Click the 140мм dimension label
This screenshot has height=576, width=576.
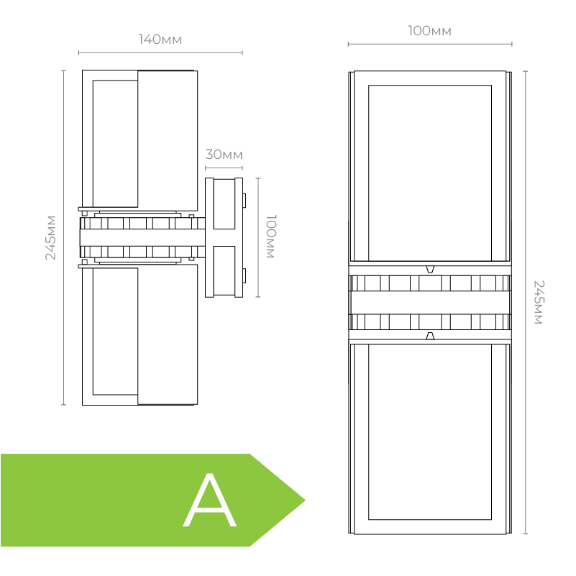pos(160,40)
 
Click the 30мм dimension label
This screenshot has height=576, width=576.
pos(224,155)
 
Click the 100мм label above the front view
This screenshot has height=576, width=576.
pos(429,31)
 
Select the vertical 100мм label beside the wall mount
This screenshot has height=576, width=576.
pos(271,237)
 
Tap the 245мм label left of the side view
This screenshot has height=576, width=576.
pos(51,237)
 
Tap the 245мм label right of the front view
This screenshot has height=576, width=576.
pos(538,302)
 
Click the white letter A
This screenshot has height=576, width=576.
pos(209,500)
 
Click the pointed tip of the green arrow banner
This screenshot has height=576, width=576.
pos(303,500)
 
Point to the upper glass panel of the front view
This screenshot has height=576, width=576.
pos(429,173)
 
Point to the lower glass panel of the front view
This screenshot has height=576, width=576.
pos(429,431)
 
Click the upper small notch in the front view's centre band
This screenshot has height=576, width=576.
pos(430,269)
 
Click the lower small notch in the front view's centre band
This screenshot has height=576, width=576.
pos(430,336)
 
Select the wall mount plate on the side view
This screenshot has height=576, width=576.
pos(224,237)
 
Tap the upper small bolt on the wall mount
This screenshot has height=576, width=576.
pos(244,199)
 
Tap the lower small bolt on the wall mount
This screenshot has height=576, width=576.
pos(244,275)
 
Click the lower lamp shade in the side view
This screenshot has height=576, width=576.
pos(167,334)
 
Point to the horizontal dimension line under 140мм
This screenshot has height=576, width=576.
pos(160,52)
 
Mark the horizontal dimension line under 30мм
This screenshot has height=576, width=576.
pos(224,168)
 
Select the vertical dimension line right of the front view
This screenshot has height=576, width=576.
pos(525,302)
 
